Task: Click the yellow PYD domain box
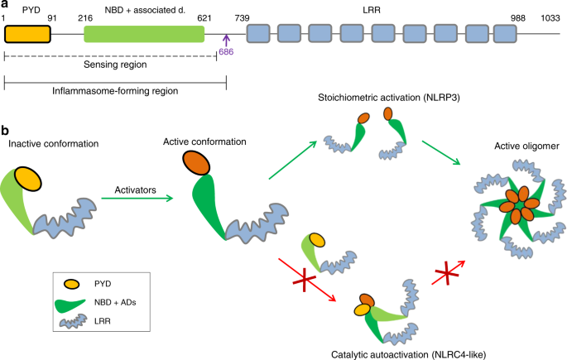pos(27,33)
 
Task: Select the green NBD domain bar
pos(144,33)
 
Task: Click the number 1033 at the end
pos(550,17)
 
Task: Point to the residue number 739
pos(243,17)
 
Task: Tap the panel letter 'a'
pos(5,5)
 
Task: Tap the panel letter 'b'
pos(6,130)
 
